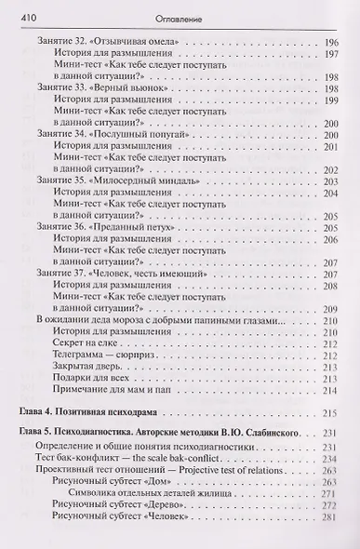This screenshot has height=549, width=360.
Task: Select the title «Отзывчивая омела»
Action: (140, 43)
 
